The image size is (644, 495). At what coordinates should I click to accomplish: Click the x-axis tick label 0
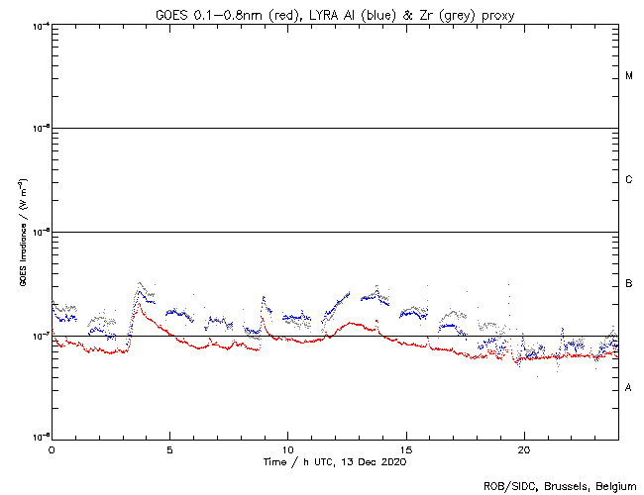click(x=52, y=448)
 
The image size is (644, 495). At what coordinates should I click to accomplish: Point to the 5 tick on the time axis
click(x=169, y=448)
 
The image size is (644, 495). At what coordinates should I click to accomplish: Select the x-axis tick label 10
click(x=287, y=448)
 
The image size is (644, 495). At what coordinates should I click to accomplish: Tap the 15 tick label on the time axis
click(x=405, y=448)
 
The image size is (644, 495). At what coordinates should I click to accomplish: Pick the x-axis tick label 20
click(x=523, y=448)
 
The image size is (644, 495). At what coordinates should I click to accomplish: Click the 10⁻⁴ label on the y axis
click(x=40, y=25)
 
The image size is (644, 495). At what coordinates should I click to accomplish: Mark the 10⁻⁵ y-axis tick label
click(x=40, y=129)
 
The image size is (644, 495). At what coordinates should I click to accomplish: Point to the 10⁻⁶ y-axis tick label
click(x=40, y=232)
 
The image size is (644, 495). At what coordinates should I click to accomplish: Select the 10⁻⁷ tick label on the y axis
click(x=40, y=336)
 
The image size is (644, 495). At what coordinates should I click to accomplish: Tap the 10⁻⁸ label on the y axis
click(x=40, y=437)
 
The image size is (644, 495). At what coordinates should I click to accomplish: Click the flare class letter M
click(x=629, y=76)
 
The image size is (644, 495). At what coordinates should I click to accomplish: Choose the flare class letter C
click(x=629, y=180)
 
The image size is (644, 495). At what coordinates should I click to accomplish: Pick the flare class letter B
click(x=629, y=284)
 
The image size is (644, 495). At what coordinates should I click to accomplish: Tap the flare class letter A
click(x=629, y=388)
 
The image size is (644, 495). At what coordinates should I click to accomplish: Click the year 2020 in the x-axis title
click(x=392, y=461)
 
